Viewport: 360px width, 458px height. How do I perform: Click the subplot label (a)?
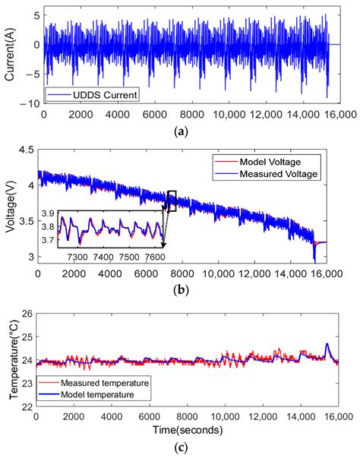[x=181, y=131]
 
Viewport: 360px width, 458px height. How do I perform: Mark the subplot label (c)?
[x=181, y=447]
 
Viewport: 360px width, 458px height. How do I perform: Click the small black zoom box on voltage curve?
[x=172, y=200]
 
